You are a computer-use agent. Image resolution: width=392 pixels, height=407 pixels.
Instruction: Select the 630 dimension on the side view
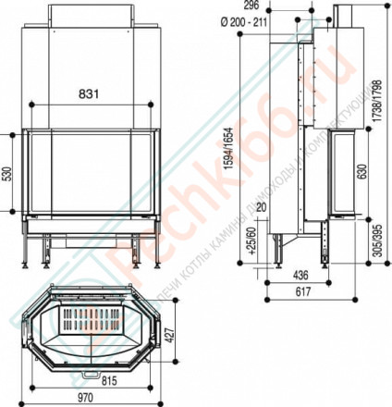pyautogui.click(x=363, y=173)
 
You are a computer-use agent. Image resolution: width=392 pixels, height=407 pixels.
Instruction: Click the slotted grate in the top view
pyautogui.click(x=90, y=327)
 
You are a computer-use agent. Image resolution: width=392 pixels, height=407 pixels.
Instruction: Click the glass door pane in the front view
pyautogui.click(x=91, y=175)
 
